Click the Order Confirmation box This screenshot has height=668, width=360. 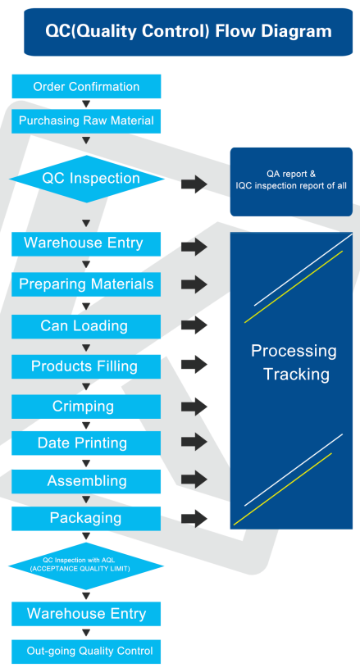[x=86, y=87]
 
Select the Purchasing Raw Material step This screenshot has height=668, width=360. [x=86, y=121]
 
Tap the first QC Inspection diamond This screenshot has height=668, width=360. [x=86, y=179]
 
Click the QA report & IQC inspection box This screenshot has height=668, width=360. [x=291, y=182]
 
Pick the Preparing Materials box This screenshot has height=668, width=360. [x=86, y=284]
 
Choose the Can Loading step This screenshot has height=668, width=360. [x=86, y=326]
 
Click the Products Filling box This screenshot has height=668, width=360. [x=86, y=366]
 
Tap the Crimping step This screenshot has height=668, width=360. [x=86, y=407]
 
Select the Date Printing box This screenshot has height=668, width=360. [x=86, y=443]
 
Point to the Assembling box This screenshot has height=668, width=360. [x=86, y=481]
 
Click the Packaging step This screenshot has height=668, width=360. [x=86, y=519]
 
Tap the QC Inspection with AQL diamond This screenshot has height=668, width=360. [x=86, y=566]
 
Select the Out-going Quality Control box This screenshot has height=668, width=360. [x=86, y=652]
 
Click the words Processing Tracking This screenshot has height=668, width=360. [x=294, y=362]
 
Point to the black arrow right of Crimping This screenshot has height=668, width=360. [x=194, y=407]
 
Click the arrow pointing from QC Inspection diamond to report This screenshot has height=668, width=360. [x=194, y=184]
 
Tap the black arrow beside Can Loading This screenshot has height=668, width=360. [x=194, y=326]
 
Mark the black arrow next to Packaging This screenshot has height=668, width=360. [x=194, y=519]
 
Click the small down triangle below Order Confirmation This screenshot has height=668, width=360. [x=86, y=104]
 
